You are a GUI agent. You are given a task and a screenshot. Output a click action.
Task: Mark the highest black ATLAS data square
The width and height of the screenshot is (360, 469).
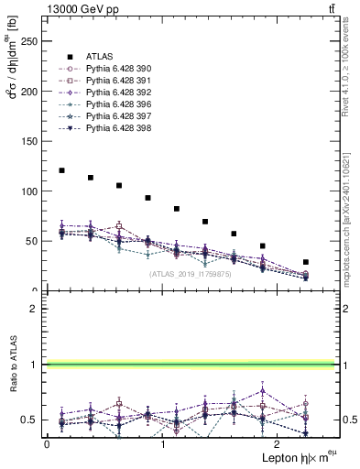[61, 170]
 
